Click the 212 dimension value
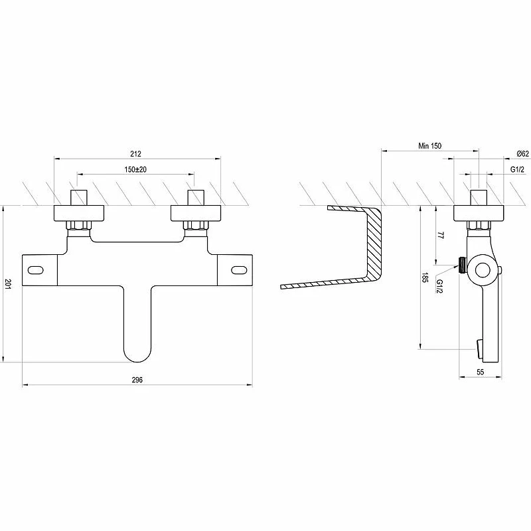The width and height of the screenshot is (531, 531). [135, 154]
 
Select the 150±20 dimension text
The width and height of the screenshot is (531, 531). [135, 169]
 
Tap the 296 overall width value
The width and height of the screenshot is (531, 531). [137, 380]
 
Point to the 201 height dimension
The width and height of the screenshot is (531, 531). [8, 284]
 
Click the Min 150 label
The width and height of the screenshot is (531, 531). [429, 145]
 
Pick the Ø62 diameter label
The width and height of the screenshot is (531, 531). [523, 153]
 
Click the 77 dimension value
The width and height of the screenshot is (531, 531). [440, 236]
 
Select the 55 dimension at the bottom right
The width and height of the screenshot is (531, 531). [480, 372]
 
